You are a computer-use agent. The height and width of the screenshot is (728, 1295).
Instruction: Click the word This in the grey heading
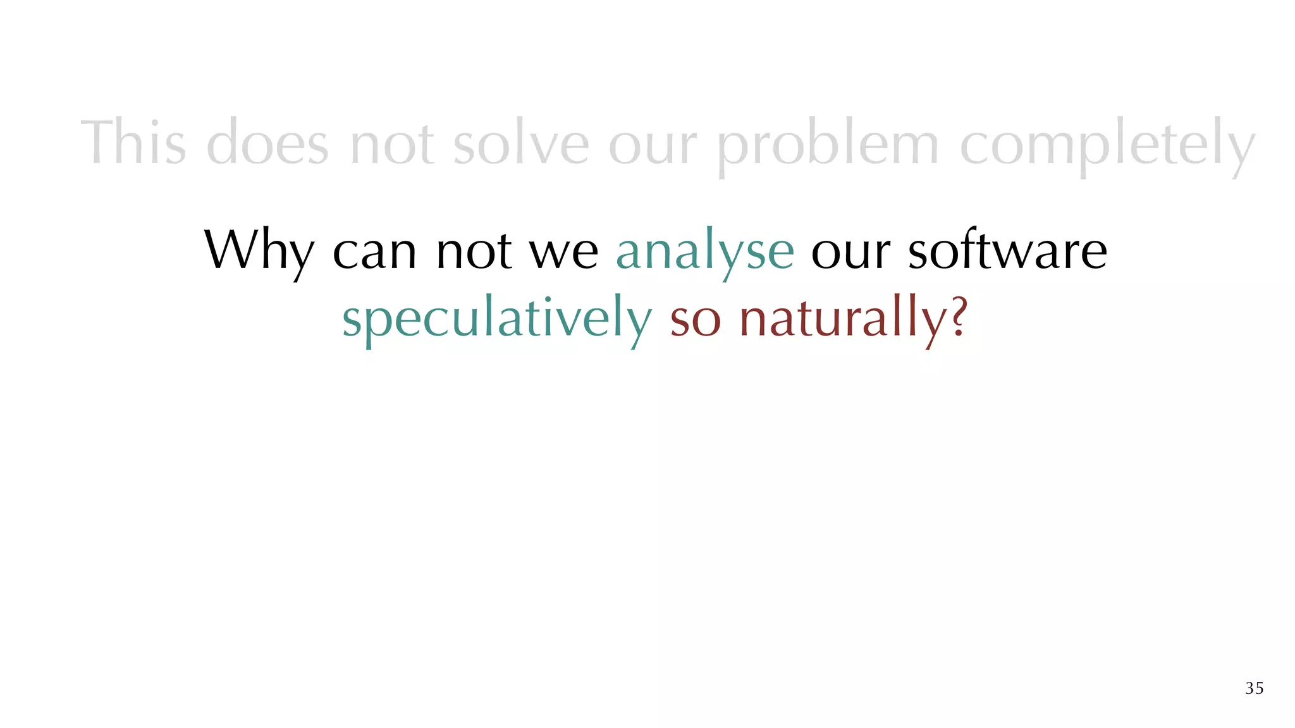pos(133,143)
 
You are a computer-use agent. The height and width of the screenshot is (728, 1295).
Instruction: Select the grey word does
pos(267,143)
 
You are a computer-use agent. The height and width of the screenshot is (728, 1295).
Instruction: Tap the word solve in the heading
pos(521,143)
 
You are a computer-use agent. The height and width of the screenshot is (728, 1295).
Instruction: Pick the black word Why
pos(259,252)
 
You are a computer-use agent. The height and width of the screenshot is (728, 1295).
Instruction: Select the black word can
pos(374,252)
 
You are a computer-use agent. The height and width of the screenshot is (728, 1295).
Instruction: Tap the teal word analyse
pos(704,252)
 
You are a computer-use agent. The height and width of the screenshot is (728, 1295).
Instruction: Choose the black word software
pos(1007,250)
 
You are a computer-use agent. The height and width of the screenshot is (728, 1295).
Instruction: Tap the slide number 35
pos(1254,688)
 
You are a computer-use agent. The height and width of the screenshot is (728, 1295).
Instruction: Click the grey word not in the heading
pos(391,144)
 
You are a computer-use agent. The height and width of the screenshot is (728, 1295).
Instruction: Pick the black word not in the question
pos(474,252)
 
